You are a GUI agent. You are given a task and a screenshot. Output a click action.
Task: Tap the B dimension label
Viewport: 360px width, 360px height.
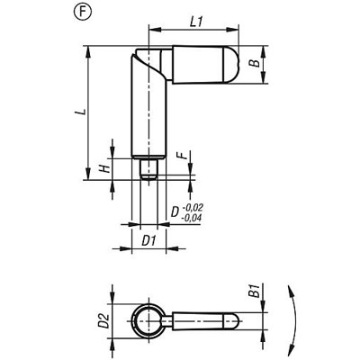point(255,65)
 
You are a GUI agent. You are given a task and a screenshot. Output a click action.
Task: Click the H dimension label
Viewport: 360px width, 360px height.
point(103,167)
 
